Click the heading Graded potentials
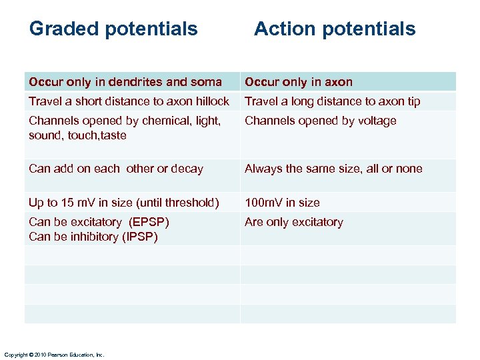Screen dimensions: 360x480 click(x=113, y=29)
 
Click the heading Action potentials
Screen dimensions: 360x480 click(x=334, y=29)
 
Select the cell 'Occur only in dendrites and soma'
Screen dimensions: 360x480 click(x=125, y=82)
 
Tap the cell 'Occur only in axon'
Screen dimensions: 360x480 click(x=299, y=82)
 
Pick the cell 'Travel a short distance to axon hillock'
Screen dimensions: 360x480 click(x=129, y=101)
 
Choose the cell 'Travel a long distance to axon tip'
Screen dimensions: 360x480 click(x=332, y=101)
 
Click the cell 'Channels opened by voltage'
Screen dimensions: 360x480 click(x=320, y=121)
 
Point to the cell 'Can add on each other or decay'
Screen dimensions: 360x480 click(x=116, y=169)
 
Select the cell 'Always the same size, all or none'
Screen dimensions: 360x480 click(x=333, y=169)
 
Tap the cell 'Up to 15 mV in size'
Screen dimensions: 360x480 click(x=124, y=203)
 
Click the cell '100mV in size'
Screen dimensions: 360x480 click(x=282, y=203)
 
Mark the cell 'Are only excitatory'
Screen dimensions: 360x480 click(x=293, y=222)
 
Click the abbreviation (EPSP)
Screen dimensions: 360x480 click(x=149, y=222)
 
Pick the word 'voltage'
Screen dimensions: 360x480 click(x=377, y=121)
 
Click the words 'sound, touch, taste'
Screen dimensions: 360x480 click(x=77, y=135)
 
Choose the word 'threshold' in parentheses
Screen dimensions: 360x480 click(x=189, y=203)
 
